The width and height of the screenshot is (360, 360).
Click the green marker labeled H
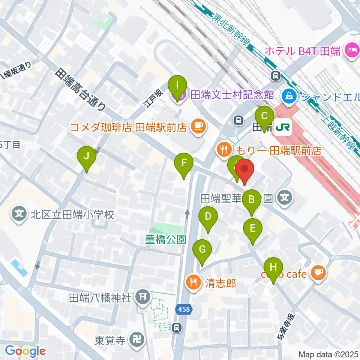[x=273, y=268]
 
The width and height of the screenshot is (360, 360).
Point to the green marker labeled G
[x=202, y=250]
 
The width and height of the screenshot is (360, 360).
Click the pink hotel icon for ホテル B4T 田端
[x=352, y=50]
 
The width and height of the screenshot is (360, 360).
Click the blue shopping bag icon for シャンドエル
[x=290, y=95]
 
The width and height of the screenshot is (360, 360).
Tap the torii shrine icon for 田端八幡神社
[x=142, y=298]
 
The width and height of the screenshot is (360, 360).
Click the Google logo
[x=25, y=351]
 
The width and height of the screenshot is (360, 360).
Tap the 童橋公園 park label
[x=165, y=240]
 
